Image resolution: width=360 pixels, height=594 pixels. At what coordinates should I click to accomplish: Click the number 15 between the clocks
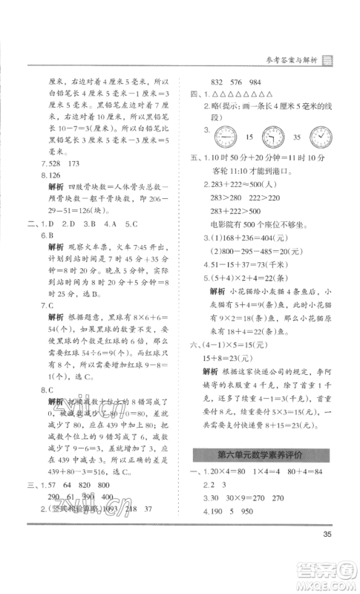coord(247,137)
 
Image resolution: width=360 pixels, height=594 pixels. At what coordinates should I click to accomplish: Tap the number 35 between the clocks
coord(296,137)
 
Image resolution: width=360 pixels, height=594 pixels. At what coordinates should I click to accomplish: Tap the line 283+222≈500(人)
coord(240,183)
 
